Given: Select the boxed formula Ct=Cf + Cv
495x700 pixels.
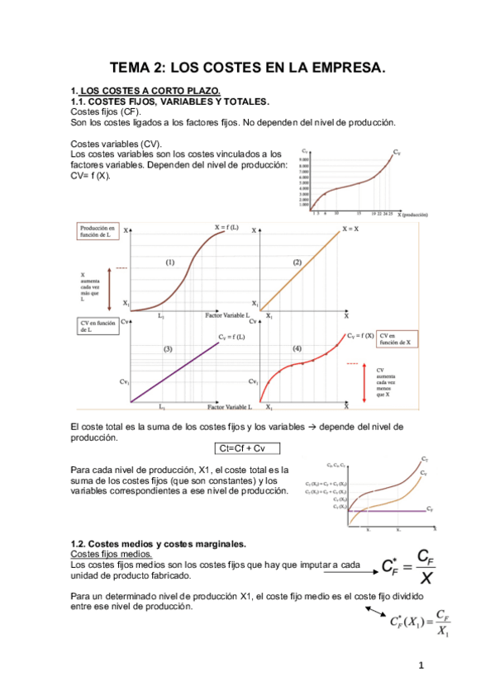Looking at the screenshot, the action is point(245,448).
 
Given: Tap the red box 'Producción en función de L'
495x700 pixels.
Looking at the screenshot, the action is point(98,232).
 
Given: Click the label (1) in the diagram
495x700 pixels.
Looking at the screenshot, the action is point(169,262).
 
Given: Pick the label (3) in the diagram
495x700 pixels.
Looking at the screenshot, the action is point(168,349).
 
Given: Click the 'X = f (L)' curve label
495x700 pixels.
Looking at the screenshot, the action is point(228,227).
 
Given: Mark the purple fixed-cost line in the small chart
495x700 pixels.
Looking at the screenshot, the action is point(388,511).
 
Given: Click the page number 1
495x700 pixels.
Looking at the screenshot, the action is point(421,666).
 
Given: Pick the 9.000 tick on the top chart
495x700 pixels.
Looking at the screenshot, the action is point(304,158).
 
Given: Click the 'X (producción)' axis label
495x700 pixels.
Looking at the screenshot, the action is point(412,214).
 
